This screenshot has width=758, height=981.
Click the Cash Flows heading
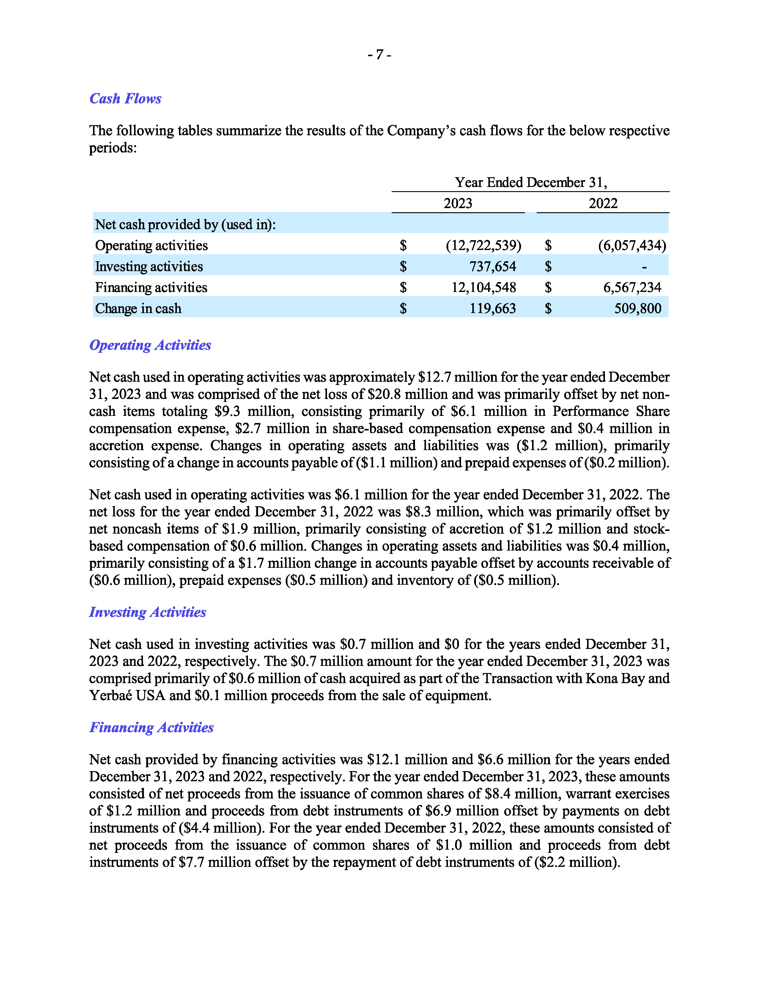125,98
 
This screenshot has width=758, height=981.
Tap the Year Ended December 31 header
530,182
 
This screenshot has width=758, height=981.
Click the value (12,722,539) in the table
483,245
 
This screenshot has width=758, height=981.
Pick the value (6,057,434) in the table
632,245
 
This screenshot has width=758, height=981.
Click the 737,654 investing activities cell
493,266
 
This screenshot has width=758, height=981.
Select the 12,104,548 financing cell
484,287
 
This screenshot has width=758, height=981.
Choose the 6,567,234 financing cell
632,287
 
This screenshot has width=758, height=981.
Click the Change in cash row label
138,309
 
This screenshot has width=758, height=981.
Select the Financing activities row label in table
151,287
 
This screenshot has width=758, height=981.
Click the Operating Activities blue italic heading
150,345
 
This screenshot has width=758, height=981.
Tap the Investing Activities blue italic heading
147,612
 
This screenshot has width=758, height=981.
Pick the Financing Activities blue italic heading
151,727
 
